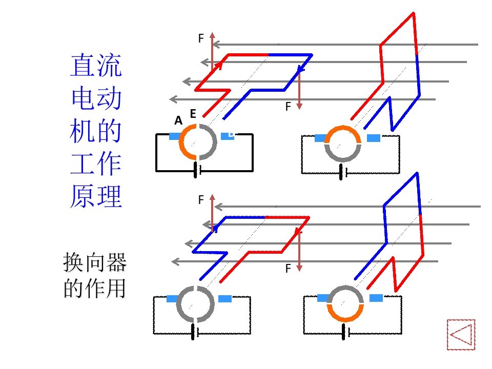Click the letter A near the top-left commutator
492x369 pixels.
[x=178, y=120]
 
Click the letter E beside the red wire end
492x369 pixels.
[x=193, y=114]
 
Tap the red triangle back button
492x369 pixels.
[x=461, y=335]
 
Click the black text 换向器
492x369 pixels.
[x=95, y=262]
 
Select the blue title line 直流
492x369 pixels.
[x=96, y=65]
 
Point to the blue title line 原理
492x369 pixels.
[x=96, y=196]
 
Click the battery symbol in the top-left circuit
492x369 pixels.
[x=197, y=170]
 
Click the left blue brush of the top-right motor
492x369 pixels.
[x=320, y=138]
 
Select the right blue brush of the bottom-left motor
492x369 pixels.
[x=225, y=299]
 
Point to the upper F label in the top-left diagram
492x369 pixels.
[x=201, y=38]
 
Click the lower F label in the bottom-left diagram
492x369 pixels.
[x=288, y=269]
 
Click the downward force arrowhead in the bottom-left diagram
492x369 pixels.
[x=299, y=268]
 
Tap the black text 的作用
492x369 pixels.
[x=95, y=288]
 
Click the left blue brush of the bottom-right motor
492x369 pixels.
[x=323, y=298]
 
